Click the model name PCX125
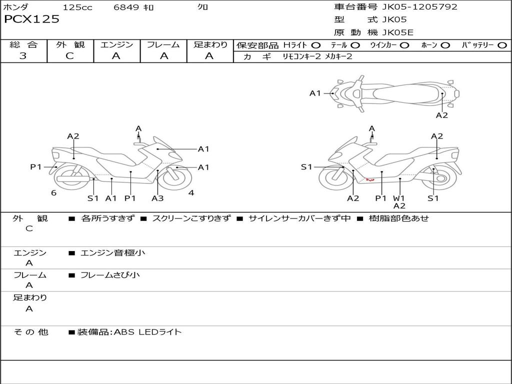(32, 19)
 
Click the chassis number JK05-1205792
(412, 7)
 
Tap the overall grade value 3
(23, 56)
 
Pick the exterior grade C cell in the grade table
(70, 56)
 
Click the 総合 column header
(23, 44)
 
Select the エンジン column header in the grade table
(117, 44)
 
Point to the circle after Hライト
(316, 45)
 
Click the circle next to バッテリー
(502, 45)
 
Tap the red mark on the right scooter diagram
(370, 179)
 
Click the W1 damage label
(399, 198)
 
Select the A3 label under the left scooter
(157, 198)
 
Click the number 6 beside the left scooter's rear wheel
(53, 193)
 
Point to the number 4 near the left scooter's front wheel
(191, 193)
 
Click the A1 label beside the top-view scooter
(315, 93)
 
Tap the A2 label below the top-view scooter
(441, 115)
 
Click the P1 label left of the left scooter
(36, 167)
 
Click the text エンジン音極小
(113, 252)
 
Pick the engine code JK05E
(398, 32)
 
